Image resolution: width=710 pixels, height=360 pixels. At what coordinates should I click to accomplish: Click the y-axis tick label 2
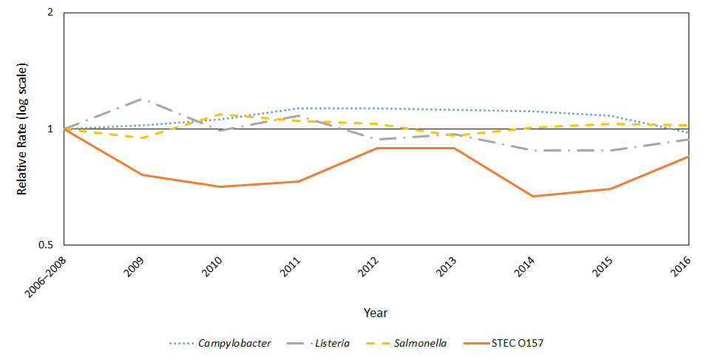pos(52,13)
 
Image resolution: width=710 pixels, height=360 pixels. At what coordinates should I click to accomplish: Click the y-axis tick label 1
pos(52,129)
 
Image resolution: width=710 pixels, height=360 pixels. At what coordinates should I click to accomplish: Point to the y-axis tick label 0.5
pos(48,245)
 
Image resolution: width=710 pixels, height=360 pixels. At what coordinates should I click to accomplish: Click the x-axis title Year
pos(376,313)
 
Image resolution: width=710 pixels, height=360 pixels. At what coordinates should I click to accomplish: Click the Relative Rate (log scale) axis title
pos(22,129)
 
